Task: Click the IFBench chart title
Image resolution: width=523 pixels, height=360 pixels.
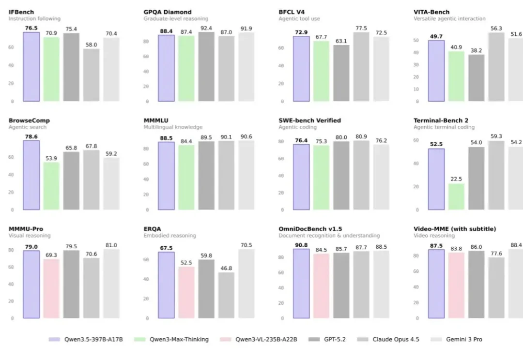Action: [22, 12]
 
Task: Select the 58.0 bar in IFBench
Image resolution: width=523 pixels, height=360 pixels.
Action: [91, 75]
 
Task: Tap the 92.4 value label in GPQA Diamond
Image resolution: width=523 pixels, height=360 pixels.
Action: [206, 28]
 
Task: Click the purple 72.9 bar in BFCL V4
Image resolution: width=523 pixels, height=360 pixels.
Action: [301, 69]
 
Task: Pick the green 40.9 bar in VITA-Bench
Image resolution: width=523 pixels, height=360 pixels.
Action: [456, 76]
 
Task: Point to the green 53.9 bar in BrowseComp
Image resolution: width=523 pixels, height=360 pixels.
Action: [51, 186]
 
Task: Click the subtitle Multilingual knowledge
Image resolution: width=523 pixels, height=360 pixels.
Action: [173, 127]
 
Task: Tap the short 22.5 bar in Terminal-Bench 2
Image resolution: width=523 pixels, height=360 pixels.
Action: [456, 197]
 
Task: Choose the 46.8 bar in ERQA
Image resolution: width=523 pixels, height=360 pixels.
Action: [226, 295]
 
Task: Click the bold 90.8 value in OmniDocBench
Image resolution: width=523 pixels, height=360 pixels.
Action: [301, 245]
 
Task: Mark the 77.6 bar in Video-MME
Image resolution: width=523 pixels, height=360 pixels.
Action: [496, 287]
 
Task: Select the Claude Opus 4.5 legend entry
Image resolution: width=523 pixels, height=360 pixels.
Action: [395, 339]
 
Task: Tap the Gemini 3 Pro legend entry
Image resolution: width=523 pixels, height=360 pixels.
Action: [463, 339]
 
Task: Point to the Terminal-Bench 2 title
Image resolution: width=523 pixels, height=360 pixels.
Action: [441, 120]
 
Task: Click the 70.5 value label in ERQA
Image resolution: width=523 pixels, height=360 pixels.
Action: [246, 245]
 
